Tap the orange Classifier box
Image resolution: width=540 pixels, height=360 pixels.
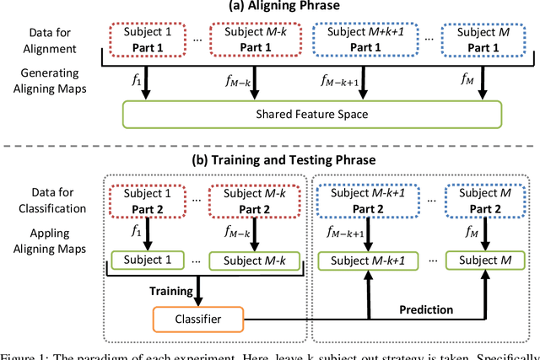[197, 320]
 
